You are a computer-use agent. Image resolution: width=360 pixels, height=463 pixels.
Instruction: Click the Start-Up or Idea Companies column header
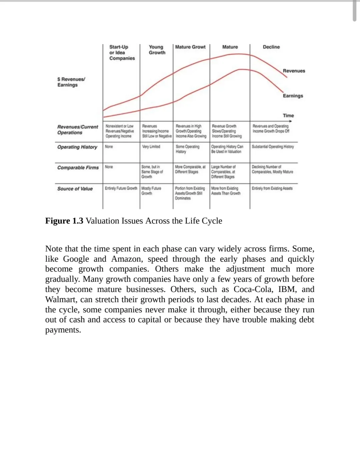click(x=122, y=53)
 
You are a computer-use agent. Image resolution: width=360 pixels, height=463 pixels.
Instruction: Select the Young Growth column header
click(x=157, y=50)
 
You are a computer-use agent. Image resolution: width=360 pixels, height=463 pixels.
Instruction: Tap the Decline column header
click(x=271, y=47)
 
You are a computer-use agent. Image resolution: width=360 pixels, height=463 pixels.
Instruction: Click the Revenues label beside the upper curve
click(x=294, y=71)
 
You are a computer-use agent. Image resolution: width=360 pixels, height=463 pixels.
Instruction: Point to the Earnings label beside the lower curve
click(x=293, y=96)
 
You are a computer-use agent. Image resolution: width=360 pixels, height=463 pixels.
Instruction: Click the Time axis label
click(x=288, y=115)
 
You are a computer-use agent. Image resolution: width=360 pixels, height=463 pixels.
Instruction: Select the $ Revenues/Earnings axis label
click(x=71, y=82)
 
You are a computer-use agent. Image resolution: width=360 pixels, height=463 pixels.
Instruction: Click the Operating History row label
click(x=77, y=147)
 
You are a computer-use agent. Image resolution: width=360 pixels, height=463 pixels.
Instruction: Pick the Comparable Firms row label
click(x=78, y=168)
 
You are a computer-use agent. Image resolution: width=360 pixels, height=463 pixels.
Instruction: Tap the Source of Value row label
click(x=75, y=189)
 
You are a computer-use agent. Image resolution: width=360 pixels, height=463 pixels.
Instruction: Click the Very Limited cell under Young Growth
click(x=151, y=147)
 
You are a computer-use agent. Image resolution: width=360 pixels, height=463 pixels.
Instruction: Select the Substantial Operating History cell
click(x=273, y=147)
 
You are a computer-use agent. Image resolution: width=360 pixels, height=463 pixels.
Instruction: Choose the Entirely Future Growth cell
click(x=121, y=188)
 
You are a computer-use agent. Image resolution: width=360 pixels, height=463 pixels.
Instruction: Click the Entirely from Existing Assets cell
click(x=272, y=188)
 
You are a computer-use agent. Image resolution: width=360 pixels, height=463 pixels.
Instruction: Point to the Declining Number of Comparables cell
click(x=272, y=169)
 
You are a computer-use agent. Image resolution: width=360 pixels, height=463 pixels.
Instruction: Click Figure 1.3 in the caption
click(x=64, y=221)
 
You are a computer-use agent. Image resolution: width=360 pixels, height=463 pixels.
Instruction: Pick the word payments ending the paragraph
click(x=63, y=330)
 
